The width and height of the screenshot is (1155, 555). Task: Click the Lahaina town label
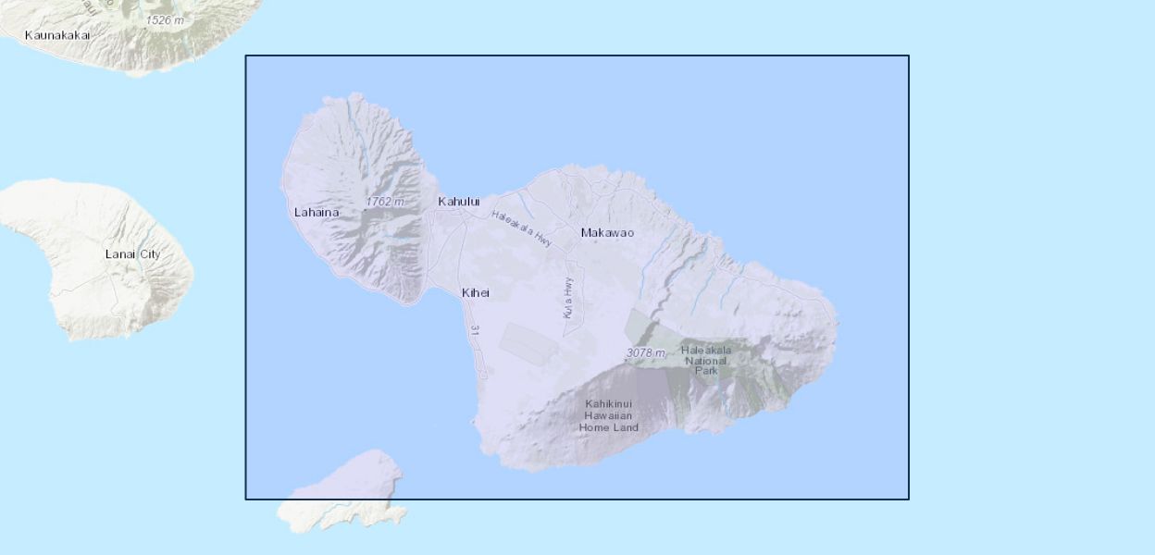317,212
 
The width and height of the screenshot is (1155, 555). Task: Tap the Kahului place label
459,201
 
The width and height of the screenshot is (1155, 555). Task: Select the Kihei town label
475,292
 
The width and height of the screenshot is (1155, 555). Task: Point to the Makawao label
607,232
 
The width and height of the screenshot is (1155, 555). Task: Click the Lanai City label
131,253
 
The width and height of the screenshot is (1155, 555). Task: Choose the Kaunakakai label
57,35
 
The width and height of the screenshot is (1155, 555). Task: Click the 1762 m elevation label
384,201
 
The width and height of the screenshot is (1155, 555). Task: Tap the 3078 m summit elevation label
645,352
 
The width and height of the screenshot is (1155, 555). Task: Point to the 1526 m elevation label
165,19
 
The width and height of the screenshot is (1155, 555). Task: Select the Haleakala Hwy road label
522,228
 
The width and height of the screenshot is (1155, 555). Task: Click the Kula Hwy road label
568,298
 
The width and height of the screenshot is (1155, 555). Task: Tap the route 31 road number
475,330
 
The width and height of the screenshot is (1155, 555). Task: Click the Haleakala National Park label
706,360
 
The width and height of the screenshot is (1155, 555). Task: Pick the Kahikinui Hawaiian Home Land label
608,415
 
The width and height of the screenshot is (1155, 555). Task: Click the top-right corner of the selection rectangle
908,56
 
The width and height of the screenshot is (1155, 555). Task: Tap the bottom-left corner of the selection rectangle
246,499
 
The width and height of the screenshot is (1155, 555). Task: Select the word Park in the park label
706,371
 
